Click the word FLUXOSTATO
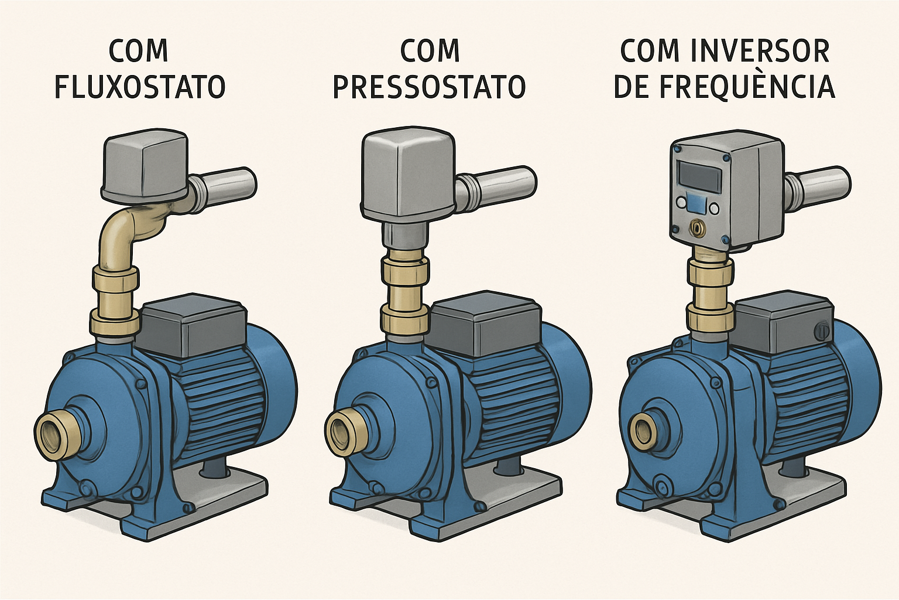pos(140,87)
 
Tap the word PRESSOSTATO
pos(429,87)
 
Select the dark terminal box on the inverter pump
pos(784,325)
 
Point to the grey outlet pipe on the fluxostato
pos(225,185)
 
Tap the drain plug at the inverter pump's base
pos(663,486)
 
